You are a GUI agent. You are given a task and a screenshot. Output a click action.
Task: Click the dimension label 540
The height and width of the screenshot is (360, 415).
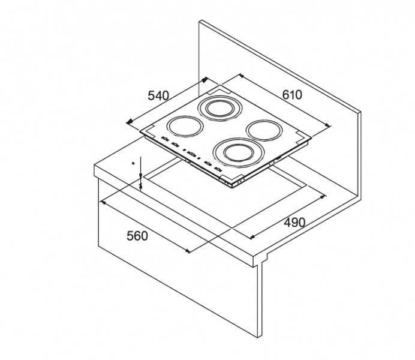pyautogui.click(x=158, y=95)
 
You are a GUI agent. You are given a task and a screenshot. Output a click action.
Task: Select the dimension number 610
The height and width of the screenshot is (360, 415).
pyautogui.click(x=292, y=95)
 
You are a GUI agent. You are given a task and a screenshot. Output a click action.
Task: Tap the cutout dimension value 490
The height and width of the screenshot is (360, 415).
pyautogui.click(x=294, y=223)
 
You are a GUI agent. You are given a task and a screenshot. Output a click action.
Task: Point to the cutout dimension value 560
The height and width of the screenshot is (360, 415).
pyautogui.click(x=137, y=236)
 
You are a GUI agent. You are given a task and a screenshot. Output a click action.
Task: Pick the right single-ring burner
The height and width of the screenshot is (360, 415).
pyautogui.click(x=264, y=130)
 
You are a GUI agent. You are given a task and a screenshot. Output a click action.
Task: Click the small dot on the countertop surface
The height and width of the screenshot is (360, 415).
pyautogui.click(x=133, y=163)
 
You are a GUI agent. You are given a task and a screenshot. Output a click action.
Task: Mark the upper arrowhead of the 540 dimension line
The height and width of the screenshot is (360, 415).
pyautogui.click(x=205, y=80)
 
